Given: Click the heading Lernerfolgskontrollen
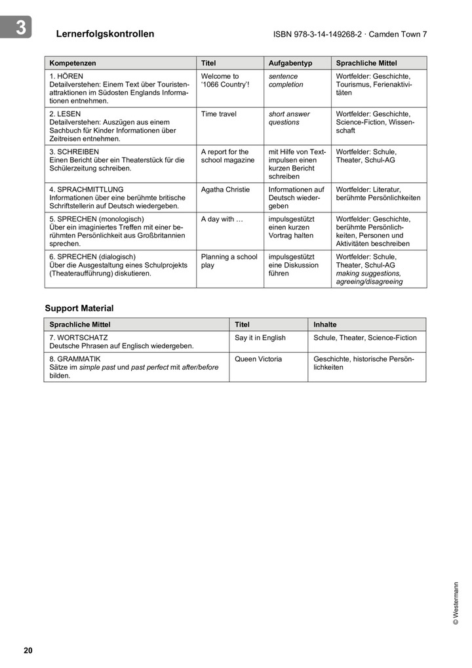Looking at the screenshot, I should (105, 34).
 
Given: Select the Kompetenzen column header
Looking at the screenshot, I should (73, 64).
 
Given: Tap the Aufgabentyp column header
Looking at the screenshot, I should (290, 64).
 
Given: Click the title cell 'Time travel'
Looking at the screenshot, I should (219, 114).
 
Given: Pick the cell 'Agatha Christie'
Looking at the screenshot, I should (226, 189).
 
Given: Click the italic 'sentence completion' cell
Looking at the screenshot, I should (286, 81).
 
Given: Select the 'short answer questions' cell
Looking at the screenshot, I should (289, 118).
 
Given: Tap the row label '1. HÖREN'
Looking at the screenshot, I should (66, 77).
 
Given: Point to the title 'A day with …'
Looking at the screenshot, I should (222, 219).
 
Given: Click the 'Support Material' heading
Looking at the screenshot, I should (79, 308).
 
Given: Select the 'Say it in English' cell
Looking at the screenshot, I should (260, 338).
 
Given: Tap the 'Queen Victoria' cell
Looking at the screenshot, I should (258, 359).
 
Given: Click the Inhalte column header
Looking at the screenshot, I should (325, 324).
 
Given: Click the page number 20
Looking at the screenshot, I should (28, 650).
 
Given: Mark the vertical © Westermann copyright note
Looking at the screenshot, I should (456, 603).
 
